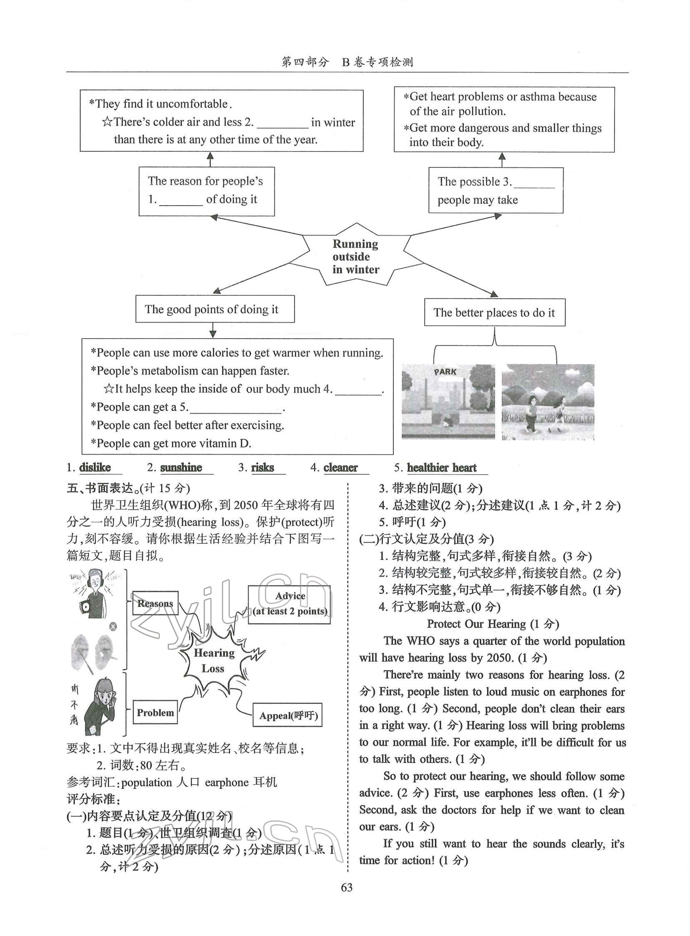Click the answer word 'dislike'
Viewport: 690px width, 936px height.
click(x=95, y=467)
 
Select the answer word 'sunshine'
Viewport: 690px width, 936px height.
click(x=181, y=467)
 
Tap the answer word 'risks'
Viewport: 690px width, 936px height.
click(x=262, y=467)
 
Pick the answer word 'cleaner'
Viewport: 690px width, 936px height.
click(x=340, y=467)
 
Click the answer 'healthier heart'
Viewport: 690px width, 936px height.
click(x=441, y=467)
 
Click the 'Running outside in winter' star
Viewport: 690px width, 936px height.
click(x=355, y=256)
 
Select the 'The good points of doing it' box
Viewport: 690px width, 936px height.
click(x=215, y=309)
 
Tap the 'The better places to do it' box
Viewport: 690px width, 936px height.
click(x=494, y=312)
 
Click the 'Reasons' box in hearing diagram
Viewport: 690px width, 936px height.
click(x=155, y=603)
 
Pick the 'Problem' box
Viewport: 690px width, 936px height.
click(x=155, y=712)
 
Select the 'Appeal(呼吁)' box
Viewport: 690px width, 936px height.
click(x=288, y=715)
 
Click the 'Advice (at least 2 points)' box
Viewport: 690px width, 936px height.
click(x=290, y=604)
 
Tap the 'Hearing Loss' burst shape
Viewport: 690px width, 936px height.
click(x=214, y=660)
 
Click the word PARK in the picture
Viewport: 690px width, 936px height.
click(x=445, y=372)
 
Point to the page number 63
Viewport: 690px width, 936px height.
click(x=347, y=887)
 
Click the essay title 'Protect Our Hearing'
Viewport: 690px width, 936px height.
click(x=476, y=624)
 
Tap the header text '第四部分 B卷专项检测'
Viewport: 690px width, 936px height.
click(x=347, y=62)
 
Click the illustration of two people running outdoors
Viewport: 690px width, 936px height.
click(x=548, y=402)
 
